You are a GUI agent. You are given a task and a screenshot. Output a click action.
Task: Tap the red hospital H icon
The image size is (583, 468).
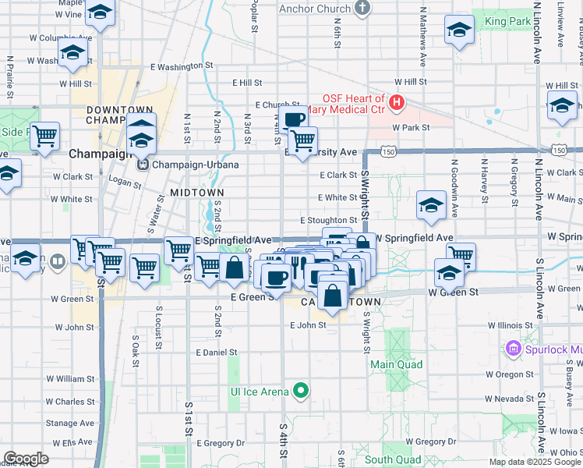point(397,102)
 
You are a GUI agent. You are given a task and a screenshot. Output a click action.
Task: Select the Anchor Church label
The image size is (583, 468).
point(314,9)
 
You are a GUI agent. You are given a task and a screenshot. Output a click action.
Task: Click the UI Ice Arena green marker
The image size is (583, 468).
point(300,392)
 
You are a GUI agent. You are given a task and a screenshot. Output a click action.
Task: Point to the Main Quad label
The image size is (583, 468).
point(396,364)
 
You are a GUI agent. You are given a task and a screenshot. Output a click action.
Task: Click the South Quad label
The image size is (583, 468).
point(388,459)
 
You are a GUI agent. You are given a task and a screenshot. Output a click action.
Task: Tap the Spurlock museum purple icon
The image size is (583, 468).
point(513,348)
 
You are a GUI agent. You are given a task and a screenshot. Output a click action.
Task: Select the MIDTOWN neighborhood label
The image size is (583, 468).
point(197,192)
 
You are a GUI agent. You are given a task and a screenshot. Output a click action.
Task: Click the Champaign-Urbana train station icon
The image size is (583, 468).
point(143,165)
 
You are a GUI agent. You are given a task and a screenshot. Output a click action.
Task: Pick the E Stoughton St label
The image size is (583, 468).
point(328,221)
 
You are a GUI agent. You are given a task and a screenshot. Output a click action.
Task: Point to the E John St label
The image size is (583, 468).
point(307,325)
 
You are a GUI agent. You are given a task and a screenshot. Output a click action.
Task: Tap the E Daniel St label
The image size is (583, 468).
point(217,353)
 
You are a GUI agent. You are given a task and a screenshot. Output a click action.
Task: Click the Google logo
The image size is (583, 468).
point(26,459)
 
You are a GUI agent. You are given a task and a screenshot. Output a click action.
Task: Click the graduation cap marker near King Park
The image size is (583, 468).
point(459,31)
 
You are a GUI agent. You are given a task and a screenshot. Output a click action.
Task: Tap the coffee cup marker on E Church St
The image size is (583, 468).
point(294,119)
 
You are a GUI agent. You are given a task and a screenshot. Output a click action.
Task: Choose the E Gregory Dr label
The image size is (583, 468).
point(221,443)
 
